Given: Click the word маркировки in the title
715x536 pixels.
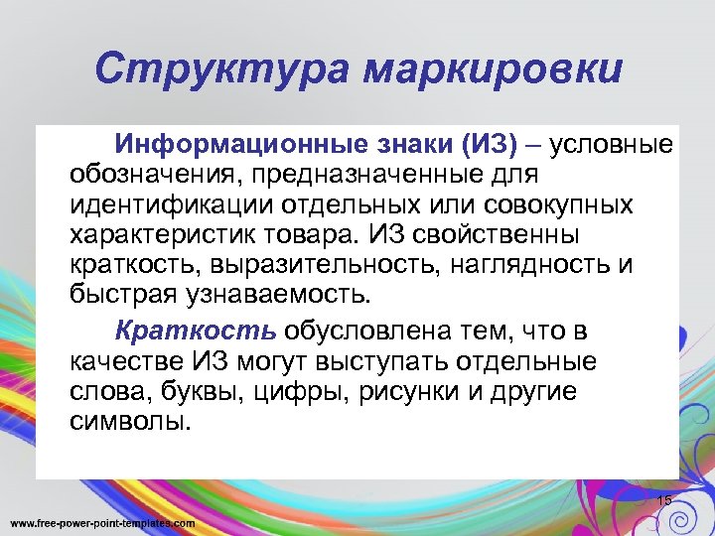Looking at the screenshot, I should (x=493, y=70).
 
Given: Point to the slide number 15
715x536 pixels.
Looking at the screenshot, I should (x=664, y=499).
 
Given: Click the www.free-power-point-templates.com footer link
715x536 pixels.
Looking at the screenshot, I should (x=102, y=522).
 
